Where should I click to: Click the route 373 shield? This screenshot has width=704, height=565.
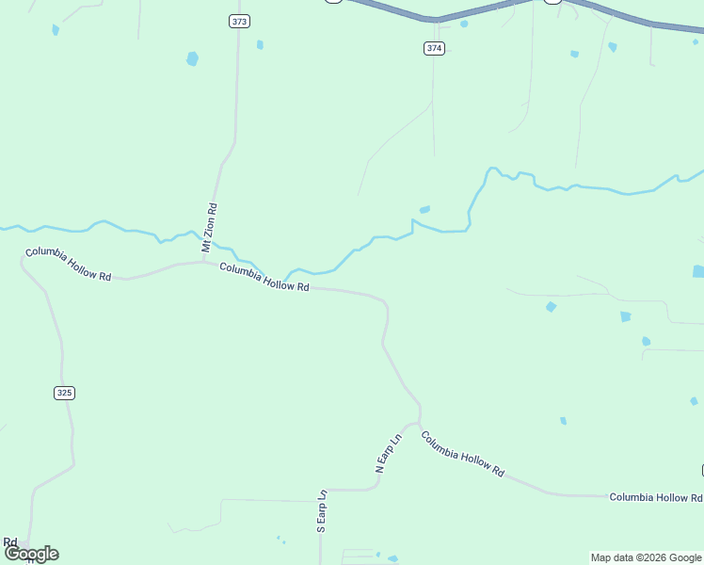tap(239, 21)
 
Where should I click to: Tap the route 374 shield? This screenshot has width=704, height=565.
tap(434, 48)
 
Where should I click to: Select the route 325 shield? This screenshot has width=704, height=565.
tap(64, 393)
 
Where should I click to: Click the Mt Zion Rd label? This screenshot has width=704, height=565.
tap(211, 227)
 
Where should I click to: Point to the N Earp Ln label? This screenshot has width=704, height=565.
tap(388, 452)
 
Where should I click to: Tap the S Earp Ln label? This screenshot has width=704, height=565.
tap(321, 511)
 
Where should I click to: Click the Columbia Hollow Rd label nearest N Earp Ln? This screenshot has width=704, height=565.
tap(462, 454)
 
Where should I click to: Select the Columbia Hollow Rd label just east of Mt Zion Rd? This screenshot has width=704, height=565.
tap(264, 277)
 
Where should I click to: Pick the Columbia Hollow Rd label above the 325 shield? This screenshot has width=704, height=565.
tap(69, 265)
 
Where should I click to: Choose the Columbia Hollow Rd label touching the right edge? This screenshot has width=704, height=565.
tap(655, 497)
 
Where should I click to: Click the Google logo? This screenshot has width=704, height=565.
tap(31, 554)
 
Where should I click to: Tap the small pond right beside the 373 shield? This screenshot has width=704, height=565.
tap(260, 44)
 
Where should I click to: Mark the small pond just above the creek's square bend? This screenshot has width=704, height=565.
tap(424, 209)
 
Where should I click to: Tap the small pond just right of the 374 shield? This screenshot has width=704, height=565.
tap(464, 24)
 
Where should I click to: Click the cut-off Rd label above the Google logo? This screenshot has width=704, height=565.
tap(10, 541)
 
